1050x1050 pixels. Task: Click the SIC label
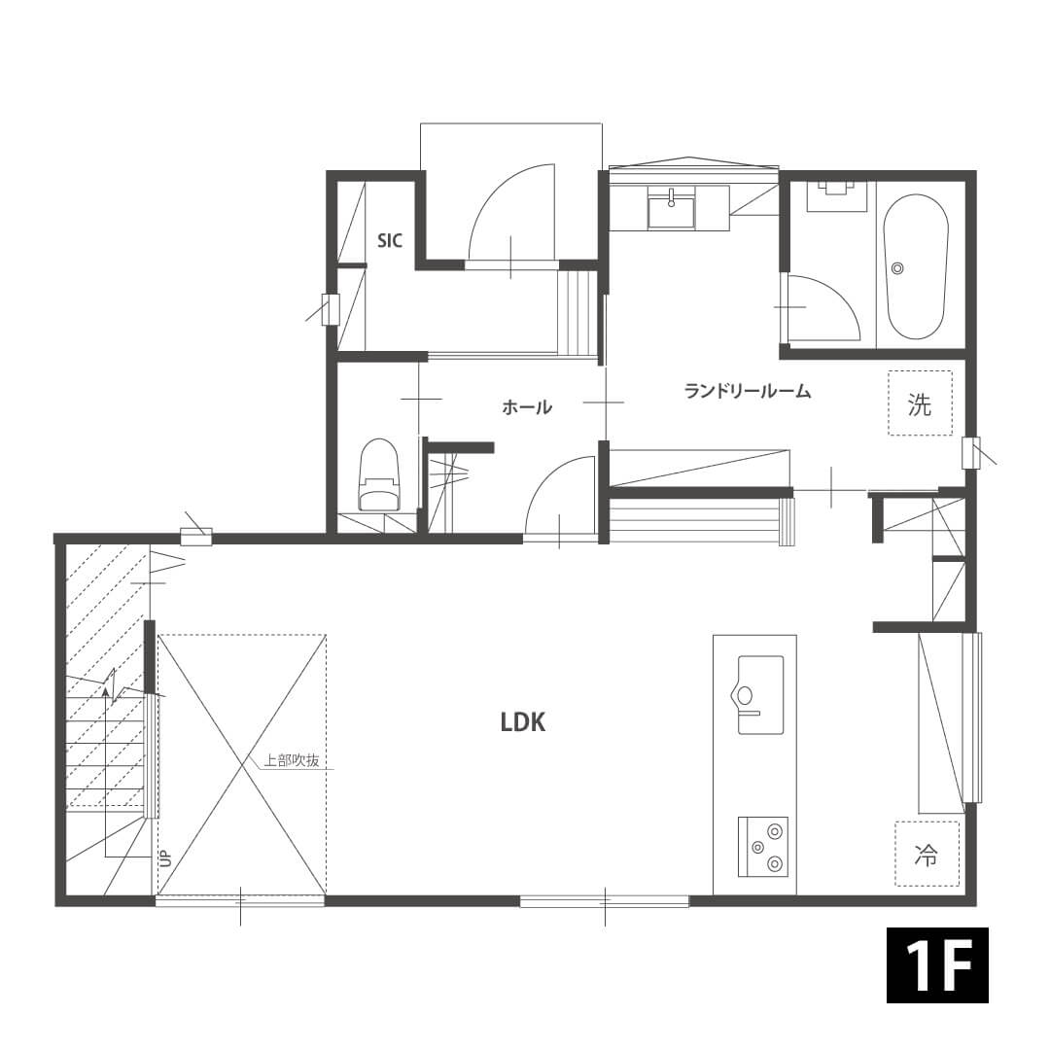tap(390, 240)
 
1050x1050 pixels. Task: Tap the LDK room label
tap(523, 721)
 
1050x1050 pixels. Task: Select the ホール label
tap(527, 406)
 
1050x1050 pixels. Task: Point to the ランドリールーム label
tap(748, 391)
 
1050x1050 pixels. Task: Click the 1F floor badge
tap(937, 965)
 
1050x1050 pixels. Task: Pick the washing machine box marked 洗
tap(920, 403)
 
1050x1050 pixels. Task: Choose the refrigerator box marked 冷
tap(927, 855)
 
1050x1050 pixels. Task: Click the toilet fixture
tap(378, 474)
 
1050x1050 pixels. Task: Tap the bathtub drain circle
tap(897, 268)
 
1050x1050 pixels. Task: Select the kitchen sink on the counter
tap(760, 694)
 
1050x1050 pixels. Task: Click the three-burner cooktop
tap(763, 847)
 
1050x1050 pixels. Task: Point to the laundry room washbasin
tap(670, 207)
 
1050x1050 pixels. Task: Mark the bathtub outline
tap(916, 266)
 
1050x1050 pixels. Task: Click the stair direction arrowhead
tap(106, 690)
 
